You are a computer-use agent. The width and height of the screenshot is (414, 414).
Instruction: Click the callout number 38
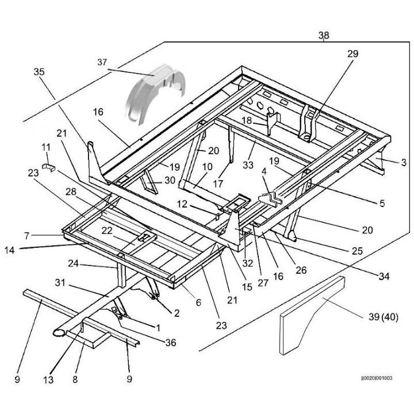[324, 36]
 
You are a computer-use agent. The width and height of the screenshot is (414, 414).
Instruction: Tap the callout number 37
[102, 62]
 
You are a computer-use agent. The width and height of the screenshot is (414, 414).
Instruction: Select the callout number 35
[39, 72]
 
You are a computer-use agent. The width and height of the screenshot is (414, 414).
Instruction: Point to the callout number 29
[352, 54]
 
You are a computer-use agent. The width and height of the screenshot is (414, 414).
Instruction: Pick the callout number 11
[47, 148]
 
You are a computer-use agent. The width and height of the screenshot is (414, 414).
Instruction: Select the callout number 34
[384, 277]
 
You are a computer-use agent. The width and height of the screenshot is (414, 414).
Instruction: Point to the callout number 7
[26, 235]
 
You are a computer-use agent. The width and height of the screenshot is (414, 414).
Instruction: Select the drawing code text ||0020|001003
[376, 378]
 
